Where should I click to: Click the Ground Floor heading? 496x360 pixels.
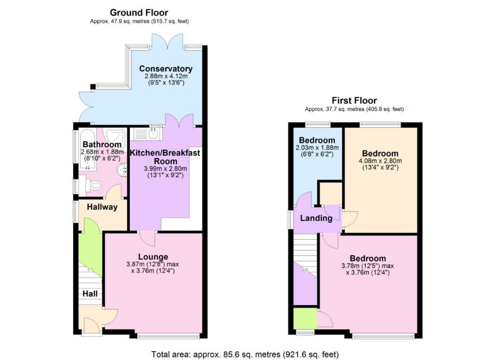139,13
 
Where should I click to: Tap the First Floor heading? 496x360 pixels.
354,100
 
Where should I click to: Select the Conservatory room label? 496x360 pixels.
165,69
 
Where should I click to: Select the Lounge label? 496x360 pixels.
153,257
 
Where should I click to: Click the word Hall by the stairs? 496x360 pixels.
90,294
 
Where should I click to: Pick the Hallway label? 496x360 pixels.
102,207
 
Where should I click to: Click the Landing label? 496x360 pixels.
316,218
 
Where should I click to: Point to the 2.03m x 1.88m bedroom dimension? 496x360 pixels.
317,148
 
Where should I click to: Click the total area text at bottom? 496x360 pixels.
245,354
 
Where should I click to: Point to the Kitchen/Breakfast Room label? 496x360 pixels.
165,157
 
